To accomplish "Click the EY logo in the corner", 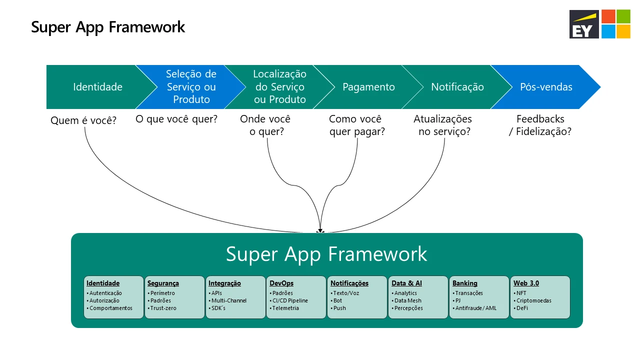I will click(x=584, y=24).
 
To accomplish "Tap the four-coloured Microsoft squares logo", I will click(x=615, y=24).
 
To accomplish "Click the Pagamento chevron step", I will click(x=368, y=87).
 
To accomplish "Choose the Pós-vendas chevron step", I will click(x=545, y=87).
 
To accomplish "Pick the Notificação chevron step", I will click(x=457, y=87).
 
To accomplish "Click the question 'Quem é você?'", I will click(x=83, y=120).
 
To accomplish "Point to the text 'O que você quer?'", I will click(x=176, y=119).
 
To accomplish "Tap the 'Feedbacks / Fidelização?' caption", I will click(x=540, y=125).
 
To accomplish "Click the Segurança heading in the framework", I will click(x=163, y=283).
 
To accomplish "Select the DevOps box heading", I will click(x=281, y=283).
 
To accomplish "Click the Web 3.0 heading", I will click(x=526, y=283).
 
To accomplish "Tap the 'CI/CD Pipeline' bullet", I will click(x=289, y=301).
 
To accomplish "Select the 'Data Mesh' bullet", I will click(x=407, y=301).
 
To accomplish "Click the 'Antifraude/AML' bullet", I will click(x=475, y=308).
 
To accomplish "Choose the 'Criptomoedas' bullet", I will click(x=533, y=301).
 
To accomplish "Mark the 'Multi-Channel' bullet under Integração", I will click(x=228, y=301).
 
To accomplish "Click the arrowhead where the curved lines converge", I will click(x=320, y=230).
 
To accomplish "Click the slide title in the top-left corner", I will click(x=108, y=27).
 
